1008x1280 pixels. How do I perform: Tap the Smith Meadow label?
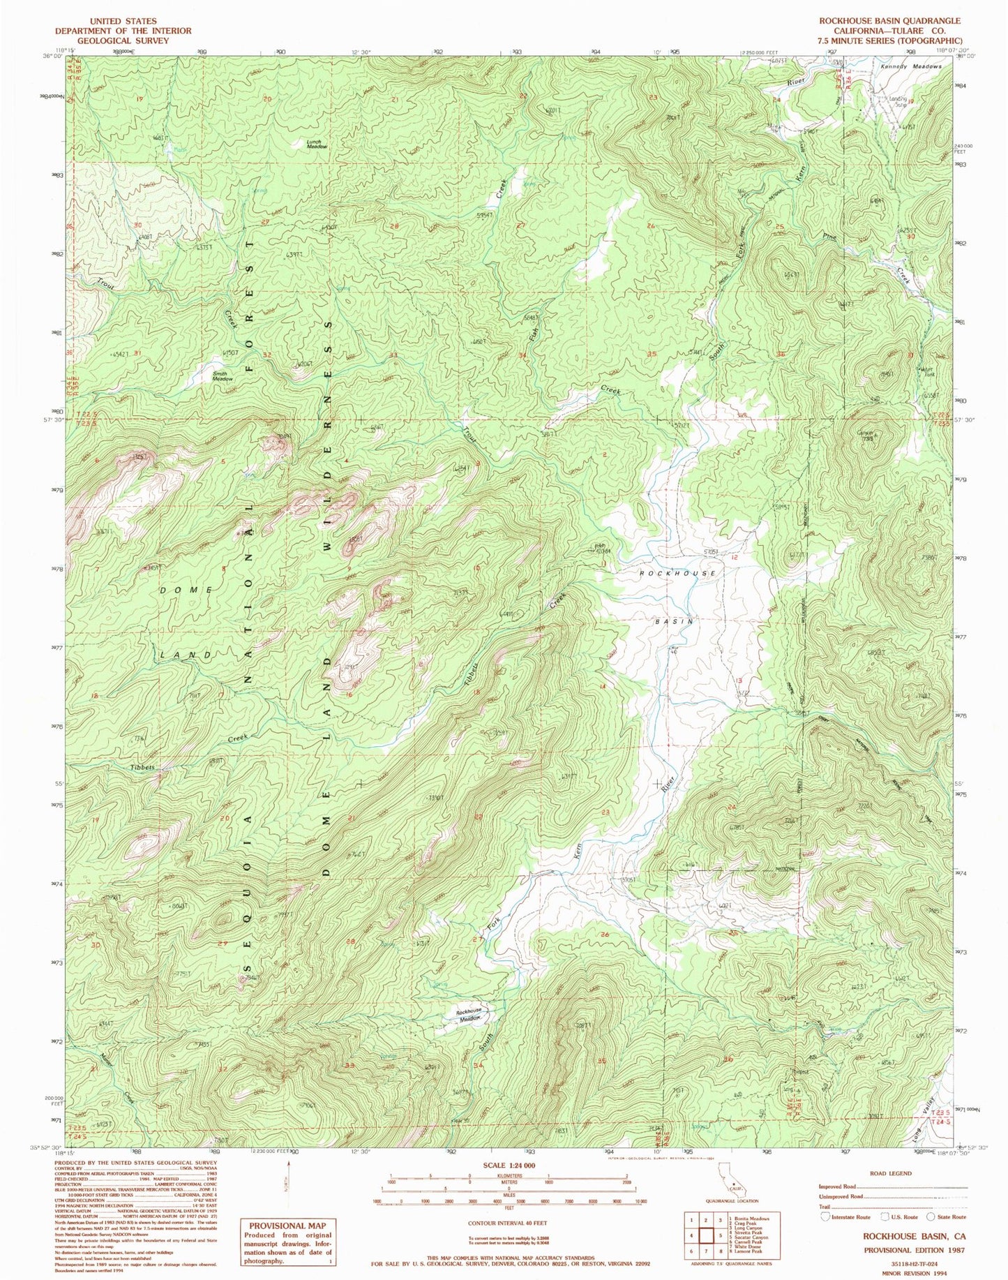click(x=223, y=375)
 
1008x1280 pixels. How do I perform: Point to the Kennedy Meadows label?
click(x=910, y=66)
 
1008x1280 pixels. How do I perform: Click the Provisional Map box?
click(x=287, y=1240)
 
